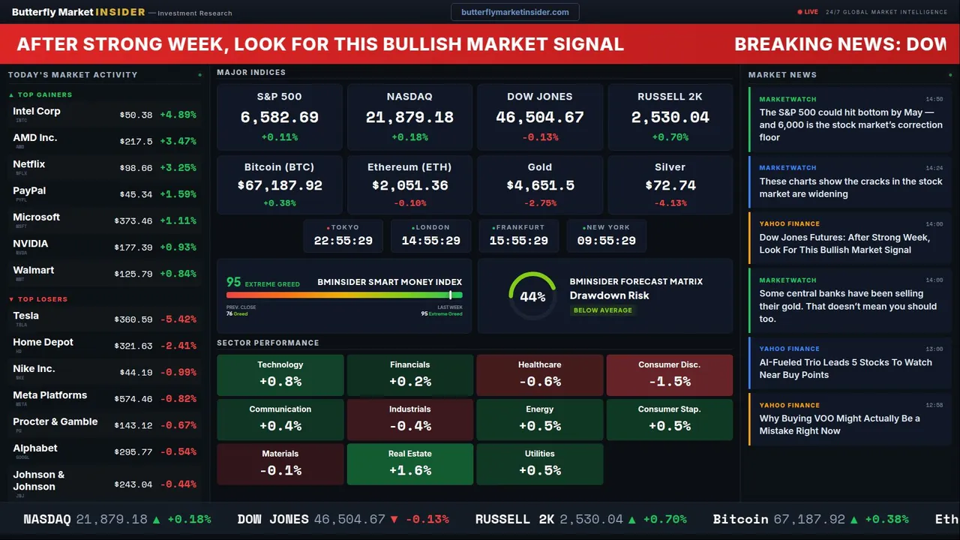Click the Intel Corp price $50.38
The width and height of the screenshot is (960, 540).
point(136,115)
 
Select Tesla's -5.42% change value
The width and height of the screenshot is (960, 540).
point(178,319)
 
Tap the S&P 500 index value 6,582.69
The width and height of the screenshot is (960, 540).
point(279,118)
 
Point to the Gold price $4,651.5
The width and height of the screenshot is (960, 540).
point(540,185)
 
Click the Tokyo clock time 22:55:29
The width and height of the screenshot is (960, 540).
point(343,241)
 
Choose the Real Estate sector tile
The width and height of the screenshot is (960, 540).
point(409,463)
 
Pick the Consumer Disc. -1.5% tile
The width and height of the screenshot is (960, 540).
point(669,374)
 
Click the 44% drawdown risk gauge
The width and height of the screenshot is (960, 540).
point(532,296)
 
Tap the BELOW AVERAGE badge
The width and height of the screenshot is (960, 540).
point(603,310)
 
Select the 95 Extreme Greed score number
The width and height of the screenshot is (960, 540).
point(234,282)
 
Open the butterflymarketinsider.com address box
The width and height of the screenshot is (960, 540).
point(514,12)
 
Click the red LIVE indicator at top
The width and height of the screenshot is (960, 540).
point(808,12)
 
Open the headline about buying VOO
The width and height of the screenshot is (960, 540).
point(839,424)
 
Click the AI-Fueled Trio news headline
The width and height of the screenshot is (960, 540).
point(845,368)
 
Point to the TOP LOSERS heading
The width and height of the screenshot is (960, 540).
point(42,299)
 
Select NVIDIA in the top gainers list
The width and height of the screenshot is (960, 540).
point(31,244)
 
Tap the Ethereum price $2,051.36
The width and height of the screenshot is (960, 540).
point(409,185)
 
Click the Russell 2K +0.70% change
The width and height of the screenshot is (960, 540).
point(670,137)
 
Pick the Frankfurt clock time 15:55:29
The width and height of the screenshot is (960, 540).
point(518,241)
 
